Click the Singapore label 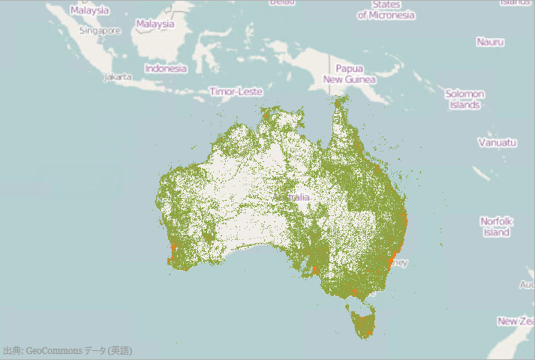click(100, 31)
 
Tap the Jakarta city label click(119, 76)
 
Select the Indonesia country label click(166, 68)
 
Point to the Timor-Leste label click(236, 91)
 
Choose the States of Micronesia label click(386, 10)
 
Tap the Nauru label click(490, 42)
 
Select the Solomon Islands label click(464, 99)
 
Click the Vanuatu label click(497, 142)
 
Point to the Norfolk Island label click(497, 226)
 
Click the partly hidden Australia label click(300, 197)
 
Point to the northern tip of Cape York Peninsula click(341, 100)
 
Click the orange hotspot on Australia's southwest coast click(174, 247)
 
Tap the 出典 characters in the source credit click(11, 350)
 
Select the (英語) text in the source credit click(120, 350)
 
